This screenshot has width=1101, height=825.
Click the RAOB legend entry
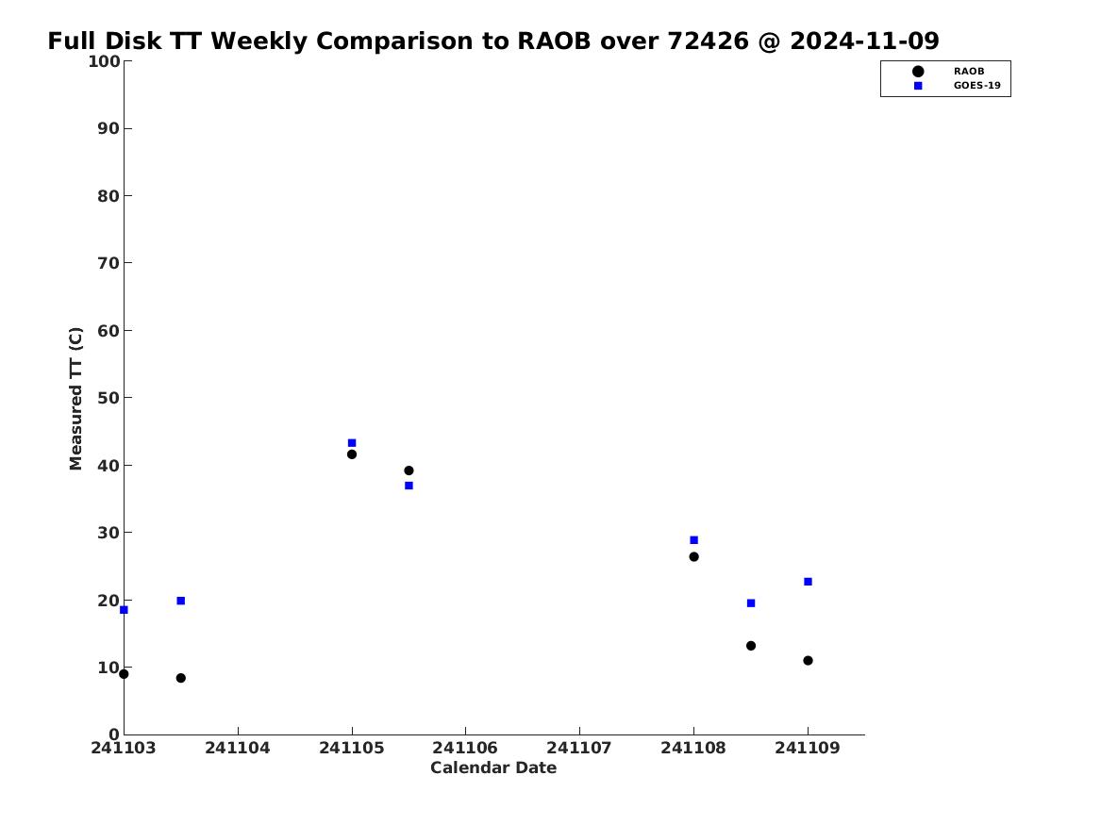point(968,72)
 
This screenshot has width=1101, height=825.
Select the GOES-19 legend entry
point(976,86)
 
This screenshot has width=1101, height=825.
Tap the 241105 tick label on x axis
point(352,748)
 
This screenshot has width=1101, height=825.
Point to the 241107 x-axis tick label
point(579,748)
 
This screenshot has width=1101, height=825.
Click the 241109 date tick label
point(808,748)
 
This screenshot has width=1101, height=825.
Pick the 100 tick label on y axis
point(104,61)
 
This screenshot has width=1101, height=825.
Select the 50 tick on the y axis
point(108,398)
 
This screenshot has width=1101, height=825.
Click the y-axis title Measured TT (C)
point(75,399)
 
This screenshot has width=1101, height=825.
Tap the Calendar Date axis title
point(493,768)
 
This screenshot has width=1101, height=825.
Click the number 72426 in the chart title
point(708,41)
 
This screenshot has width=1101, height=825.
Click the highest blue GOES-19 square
point(352,443)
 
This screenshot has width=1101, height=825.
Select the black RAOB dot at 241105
point(352,454)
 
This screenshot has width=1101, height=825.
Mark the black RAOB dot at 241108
point(693,557)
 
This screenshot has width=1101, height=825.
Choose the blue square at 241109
point(808,582)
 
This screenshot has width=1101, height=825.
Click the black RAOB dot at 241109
point(808,661)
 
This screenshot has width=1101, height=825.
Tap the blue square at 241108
point(693,540)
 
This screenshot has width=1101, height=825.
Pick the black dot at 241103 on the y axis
point(124,674)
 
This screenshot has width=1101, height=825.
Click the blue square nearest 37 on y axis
point(409,486)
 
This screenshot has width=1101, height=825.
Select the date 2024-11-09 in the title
point(864,41)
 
